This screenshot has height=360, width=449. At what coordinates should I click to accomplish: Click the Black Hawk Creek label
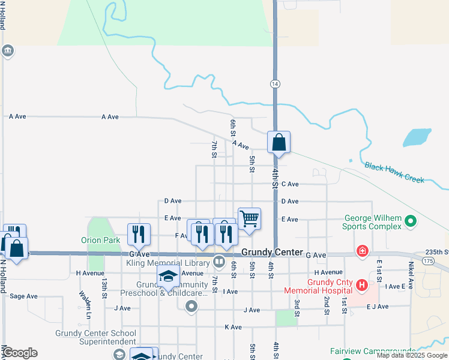point(394,172)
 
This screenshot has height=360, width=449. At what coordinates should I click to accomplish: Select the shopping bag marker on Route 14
point(279,143)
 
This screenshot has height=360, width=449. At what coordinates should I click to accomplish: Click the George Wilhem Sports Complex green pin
point(411,222)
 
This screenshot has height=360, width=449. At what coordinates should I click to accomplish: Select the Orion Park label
point(101,240)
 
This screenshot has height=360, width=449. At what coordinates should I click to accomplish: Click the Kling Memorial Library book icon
point(219,262)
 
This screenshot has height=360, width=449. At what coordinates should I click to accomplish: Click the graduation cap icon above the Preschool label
point(169,277)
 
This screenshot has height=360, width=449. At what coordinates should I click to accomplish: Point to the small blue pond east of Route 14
point(417,137)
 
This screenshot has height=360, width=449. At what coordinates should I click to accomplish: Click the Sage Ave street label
point(24,296)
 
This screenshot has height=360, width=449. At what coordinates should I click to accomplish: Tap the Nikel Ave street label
point(411,274)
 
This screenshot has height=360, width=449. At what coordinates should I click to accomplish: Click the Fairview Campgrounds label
point(373,351)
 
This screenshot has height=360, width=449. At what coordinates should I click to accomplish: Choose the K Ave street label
point(233,327)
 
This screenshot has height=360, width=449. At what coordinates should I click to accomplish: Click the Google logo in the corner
point(20,353)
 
